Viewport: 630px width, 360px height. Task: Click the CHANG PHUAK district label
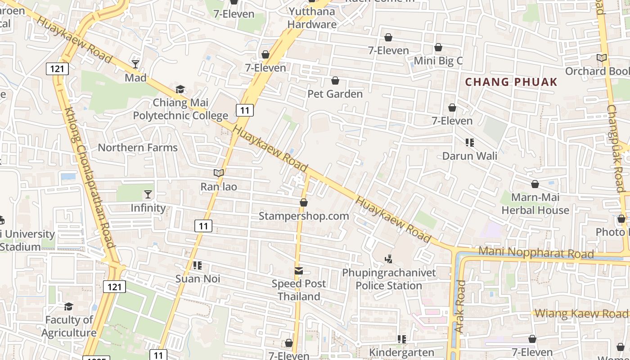tap(511, 82)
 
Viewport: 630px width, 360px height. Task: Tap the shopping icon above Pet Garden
tap(335, 81)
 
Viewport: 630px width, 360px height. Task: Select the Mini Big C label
tap(438, 61)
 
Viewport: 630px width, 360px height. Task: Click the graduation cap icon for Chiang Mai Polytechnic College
tap(180, 89)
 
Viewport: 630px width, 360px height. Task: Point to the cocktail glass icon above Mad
tap(135, 64)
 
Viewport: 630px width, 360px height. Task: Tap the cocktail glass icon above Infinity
tap(148, 194)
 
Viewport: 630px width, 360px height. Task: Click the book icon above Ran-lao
tap(219, 173)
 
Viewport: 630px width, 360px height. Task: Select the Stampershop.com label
tap(304, 216)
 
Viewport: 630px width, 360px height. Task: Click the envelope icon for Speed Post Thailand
tap(299, 271)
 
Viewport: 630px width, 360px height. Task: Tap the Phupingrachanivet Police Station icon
tap(389, 259)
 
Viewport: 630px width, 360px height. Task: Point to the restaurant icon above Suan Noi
tap(197, 265)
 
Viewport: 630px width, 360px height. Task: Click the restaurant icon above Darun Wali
tap(470, 143)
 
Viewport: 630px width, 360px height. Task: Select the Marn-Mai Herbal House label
tap(535, 204)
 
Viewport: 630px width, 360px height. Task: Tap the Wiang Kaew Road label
tap(582, 314)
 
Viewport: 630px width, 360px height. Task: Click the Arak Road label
tap(459, 306)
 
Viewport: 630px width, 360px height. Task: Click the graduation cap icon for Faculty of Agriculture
tap(68, 306)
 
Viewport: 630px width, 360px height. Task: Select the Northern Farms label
tap(138, 148)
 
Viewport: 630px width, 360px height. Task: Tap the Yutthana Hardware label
tap(312, 18)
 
